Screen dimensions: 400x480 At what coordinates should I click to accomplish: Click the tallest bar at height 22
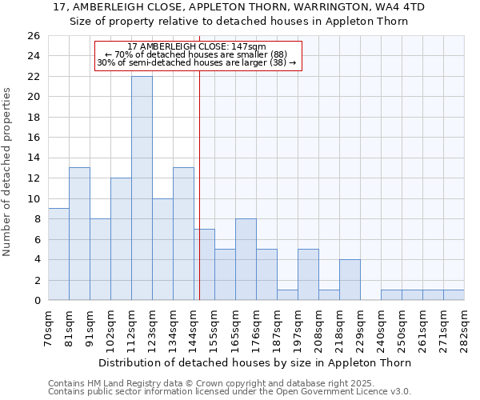142,188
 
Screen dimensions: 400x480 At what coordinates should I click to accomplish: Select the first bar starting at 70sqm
58,254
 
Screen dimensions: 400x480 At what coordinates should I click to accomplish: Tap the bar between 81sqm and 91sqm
79,234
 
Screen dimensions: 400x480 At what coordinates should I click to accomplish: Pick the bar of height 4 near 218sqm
350,280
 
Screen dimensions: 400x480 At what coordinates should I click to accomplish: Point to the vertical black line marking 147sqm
199,184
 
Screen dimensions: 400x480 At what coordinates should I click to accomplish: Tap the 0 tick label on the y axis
36,301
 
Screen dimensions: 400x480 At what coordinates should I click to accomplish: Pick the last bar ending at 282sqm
454,295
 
